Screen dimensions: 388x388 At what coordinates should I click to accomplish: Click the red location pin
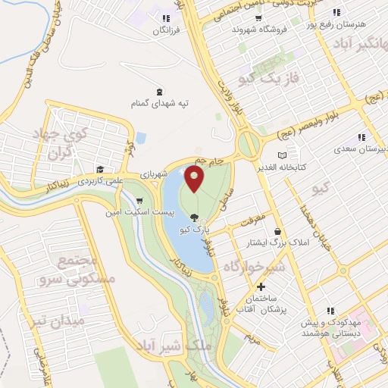click(195, 179)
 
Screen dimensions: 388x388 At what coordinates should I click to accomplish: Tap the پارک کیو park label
click(196, 228)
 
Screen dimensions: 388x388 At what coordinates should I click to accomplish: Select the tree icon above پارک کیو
click(196, 218)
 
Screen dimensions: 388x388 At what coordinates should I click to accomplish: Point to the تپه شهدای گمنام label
click(158, 102)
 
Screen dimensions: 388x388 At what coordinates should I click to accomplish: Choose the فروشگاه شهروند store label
click(261, 29)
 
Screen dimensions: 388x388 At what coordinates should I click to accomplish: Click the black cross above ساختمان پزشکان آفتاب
click(261, 287)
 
